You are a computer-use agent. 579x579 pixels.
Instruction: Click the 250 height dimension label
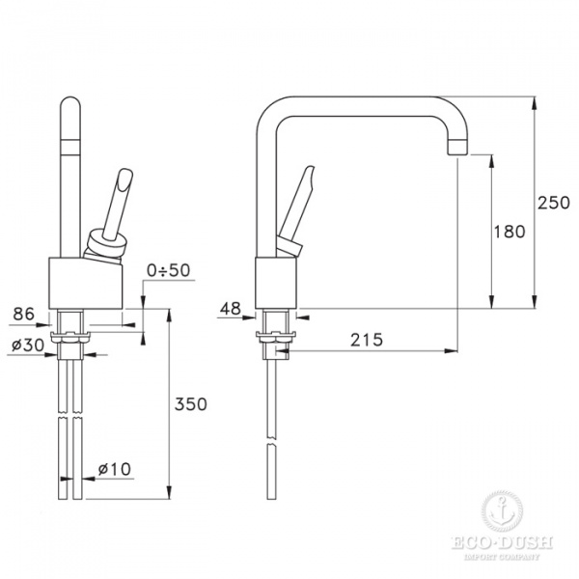click(553, 203)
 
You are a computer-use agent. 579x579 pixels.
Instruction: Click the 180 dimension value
click(510, 232)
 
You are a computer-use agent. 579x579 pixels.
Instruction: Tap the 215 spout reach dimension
click(367, 340)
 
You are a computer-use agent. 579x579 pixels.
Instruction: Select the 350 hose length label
click(190, 404)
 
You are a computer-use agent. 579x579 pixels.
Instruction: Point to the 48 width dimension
click(231, 309)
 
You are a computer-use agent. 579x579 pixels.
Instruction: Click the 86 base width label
click(23, 314)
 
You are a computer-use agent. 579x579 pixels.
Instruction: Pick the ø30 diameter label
click(28, 345)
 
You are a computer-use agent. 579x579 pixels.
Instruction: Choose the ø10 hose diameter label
click(115, 469)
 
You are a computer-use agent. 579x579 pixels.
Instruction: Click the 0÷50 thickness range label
click(168, 270)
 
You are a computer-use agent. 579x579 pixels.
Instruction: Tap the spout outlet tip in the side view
click(456, 148)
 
